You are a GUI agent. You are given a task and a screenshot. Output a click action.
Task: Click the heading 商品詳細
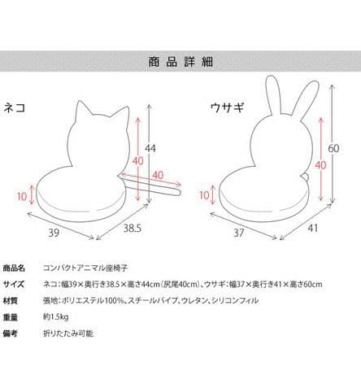pyautogui.click(x=180, y=62)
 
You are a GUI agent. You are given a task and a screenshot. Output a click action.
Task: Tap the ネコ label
pyautogui.click(x=15, y=107)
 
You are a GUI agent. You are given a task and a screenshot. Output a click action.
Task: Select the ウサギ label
pyautogui.click(x=227, y=107)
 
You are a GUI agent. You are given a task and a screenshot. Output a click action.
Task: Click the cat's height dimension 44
pyautogui.click(x=150, y=148)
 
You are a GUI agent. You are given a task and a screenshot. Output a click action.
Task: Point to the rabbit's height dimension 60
pyautogui.click(x=333, y=148)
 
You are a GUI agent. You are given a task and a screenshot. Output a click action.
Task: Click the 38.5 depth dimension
pyautogui.click(x=133, y=228)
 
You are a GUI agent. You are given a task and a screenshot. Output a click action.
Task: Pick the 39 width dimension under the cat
pyautogui.click(x=54, y=233)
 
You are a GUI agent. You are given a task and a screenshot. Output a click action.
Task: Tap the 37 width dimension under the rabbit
pyautogui.click(x=239, y=233)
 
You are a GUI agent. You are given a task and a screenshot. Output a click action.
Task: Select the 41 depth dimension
pyautogui.click(x=313, y=228)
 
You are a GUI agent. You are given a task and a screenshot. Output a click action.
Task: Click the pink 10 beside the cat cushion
pyautogui.click(x=22, y=196)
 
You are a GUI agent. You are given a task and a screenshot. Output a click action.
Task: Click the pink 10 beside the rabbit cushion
pyautogui.click(x=204, y=195)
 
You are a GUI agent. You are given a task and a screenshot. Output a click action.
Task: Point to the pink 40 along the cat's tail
pyautogui.click(x=158, y=175)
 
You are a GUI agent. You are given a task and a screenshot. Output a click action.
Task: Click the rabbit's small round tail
pyautogui.click(x=305, y=177)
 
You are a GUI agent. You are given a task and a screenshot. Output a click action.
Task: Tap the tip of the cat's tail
pyautogui.click(x=180, y=192)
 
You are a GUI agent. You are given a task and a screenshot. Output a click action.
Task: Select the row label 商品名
pyautogui.click(x=14, y=268)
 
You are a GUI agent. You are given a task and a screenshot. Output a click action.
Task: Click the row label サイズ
pyautogui.click(x=14, y=285)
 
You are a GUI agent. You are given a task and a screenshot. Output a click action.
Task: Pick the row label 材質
pyautogui.click(x=11, y=301)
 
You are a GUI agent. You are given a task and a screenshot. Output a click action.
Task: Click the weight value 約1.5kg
pyautogui.click(x=56, y=316)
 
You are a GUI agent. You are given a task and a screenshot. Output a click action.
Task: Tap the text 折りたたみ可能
pyautogui.click(x=68, y=333)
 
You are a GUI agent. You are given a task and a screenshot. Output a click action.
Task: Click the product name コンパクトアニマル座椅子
pyautogui.click(x=85, y=268)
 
